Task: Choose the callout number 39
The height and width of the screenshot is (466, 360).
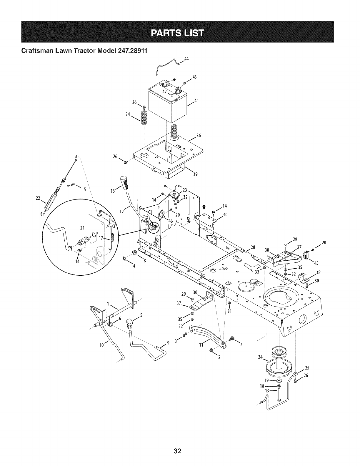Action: coord(194,174)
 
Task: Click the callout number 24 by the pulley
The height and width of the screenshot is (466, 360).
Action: coord(260,357)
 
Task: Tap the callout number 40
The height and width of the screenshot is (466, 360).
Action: coord(226,214)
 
